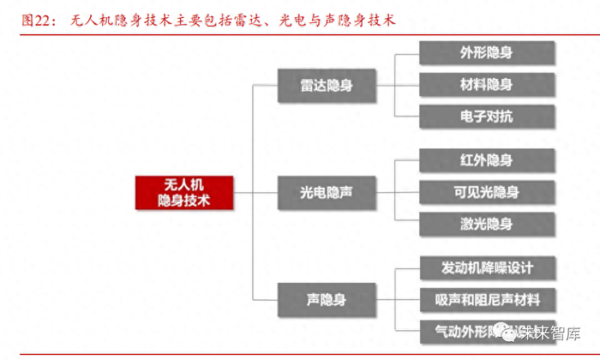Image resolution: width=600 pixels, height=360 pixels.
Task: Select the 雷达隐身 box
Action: coord(327,86)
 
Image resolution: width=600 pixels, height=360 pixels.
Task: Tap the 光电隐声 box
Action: coord(327,194)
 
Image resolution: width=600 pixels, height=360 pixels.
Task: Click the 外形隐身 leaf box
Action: coord(486,52)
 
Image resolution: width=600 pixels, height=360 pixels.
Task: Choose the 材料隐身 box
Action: coord(486,84)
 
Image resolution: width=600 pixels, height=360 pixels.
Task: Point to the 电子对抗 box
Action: coord(486,117)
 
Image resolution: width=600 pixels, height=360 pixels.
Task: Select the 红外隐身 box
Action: coord(486,160)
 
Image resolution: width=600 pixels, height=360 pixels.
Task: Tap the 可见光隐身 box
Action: coord(486,192)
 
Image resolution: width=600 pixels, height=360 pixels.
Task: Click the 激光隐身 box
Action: coord(486,224)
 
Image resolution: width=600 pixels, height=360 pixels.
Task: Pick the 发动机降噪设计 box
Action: coord(486,267)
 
